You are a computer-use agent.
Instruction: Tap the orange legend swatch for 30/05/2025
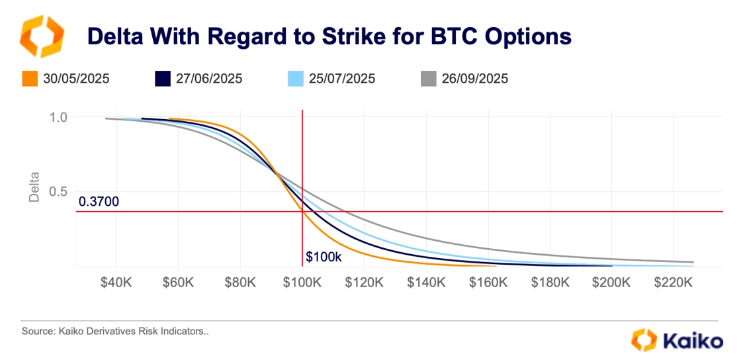pyautogui.click(x=29, y=79)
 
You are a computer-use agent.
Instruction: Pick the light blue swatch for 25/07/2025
pyautogui.click(x=296, y=79)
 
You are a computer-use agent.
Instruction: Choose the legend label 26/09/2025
pyautogui.click(x=475, y=79)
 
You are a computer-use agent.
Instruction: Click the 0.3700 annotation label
pyautogui.click(x=99, y=202)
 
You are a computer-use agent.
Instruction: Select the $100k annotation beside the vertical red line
pyautogui.click(x=324, y=257)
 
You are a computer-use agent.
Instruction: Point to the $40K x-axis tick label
pyautogui.click(x=116, y=283)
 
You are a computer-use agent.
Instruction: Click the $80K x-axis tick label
pyautogui.click(x=241, y=283)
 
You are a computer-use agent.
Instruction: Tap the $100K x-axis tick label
pyautogui.click(x=302, y=283)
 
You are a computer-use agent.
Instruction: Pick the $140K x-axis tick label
pyautogui.click(x=426, y=283)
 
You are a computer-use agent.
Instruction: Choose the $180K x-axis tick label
pyautogui.click(x=550, y=283)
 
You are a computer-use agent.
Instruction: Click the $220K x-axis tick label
pyautogui.click(x=674, y=283)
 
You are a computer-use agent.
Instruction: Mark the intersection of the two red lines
pyautogui.click(x=302, y=211)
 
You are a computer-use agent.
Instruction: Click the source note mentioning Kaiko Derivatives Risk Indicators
pyautogui.click(x=115, y=332)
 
